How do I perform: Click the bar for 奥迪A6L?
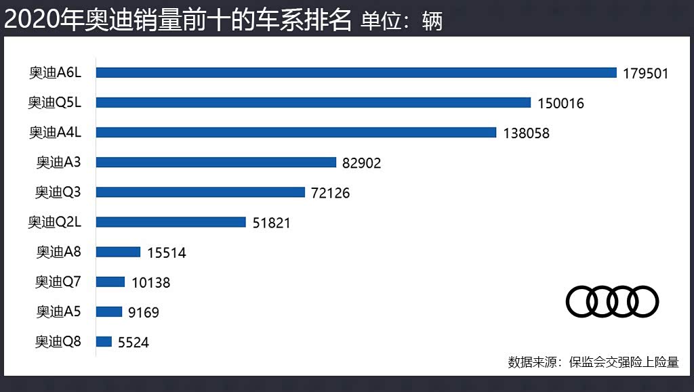(x=356, y=72)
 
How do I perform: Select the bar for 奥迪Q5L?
(x=313, y=102)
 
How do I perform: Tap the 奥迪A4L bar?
(x=296, y=133)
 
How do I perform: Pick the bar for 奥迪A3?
(x=216, y=162)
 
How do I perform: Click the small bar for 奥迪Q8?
(x=104, y=342)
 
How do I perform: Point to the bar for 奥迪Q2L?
(x=171, y=222)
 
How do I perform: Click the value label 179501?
(x=646, y=73)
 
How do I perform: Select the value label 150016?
(x=560, y=104)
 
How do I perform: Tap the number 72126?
(x=331, y=194)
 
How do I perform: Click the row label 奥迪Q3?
(x=58, y=192)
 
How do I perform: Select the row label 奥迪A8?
(x=59, y=252)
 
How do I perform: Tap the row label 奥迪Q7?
(x=58, y=282)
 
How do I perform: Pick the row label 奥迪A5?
(x=59, y=311)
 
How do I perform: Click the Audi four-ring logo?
(x=612, y=301)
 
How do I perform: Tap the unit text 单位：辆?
(x=401, y=21)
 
